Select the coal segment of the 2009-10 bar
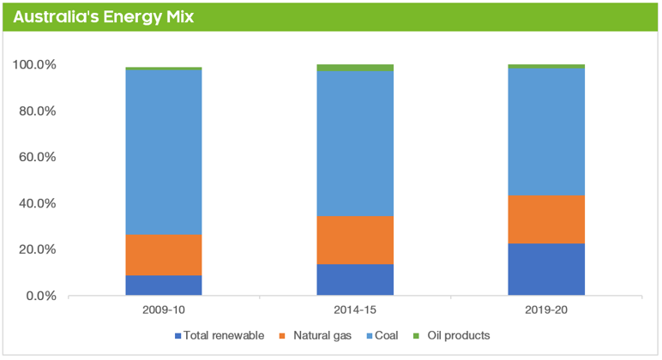click(164, 152)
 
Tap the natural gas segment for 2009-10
click(164, 255)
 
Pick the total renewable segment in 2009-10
click(164, 285)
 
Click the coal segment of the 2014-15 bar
click(355, 143)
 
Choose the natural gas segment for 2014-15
click(355, 240)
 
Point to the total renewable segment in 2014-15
click(355, 279)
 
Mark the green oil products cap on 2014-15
click(355, 68)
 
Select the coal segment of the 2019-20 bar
click(546, 131)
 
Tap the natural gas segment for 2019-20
click(546, 219)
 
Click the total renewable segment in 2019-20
click(546, 269)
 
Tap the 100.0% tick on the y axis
click(35, 65)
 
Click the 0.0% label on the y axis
click(40, 296)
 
